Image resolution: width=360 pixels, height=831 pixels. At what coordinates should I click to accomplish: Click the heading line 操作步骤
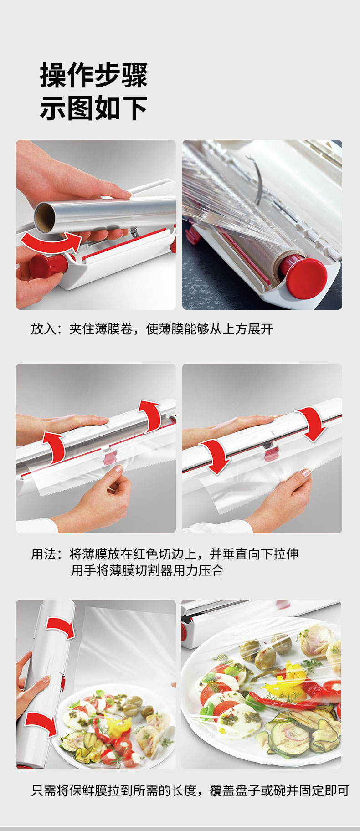tap(93, 75)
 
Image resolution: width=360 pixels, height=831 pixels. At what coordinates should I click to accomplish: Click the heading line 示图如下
tap(93, 108)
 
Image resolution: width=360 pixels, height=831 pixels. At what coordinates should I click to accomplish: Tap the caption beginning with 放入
tap(152, 329)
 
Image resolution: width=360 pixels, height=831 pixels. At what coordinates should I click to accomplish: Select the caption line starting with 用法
tap(165, 554)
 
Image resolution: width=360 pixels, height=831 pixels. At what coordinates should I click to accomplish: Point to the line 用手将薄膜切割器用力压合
tap(147, 570)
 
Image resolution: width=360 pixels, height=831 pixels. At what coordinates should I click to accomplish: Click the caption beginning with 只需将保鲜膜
tap(190, 790)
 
